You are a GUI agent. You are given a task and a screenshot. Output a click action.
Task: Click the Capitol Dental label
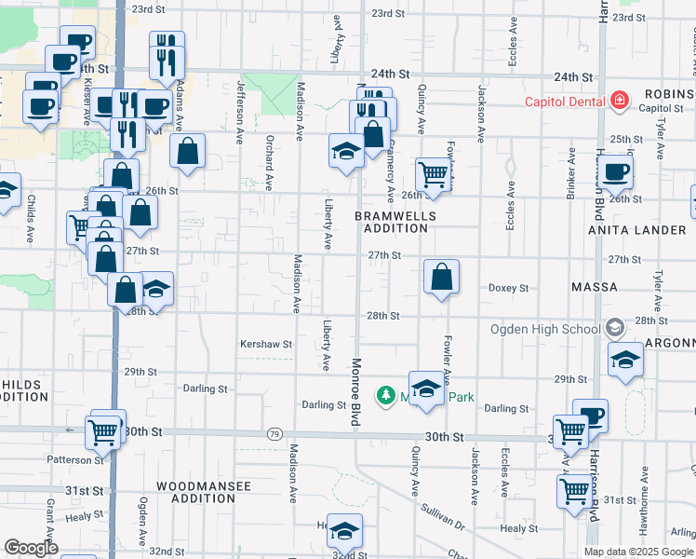coord(564,102)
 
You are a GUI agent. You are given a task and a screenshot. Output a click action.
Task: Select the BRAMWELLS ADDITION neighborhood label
coord(395,222)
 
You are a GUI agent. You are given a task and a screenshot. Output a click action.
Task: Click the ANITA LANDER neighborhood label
coord(641,229)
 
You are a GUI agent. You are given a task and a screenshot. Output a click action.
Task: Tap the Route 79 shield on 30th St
coord(274,434)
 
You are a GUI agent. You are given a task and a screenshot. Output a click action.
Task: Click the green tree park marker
coord(385,396)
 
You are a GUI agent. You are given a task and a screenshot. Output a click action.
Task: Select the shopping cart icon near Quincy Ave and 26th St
coord(433,174)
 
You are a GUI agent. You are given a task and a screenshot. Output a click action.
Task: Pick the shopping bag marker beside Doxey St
coord(441,277)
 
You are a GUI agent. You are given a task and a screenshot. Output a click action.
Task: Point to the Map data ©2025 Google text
coord(638,552)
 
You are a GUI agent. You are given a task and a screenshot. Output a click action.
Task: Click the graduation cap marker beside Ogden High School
coord(625,360)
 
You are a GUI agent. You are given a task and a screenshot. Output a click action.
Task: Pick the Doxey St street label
coord(508,289)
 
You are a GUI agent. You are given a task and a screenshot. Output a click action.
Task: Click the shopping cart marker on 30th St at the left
coord(103,431)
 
